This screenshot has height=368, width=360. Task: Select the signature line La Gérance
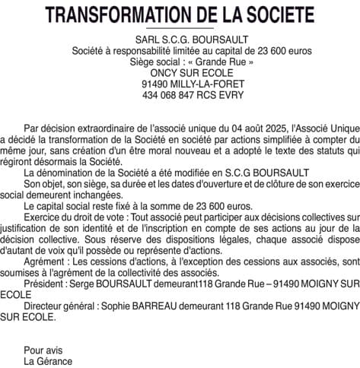point(48,362)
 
